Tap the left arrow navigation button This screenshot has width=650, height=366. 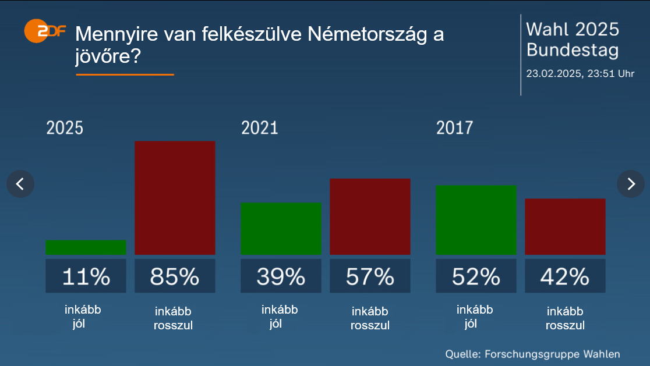tap(20, 184)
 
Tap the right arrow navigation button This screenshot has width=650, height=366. tap(631, 184)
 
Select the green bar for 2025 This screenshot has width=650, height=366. tap(86, 247)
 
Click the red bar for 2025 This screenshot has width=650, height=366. tap(175, 198)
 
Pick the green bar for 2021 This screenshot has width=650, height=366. tap(281, 228)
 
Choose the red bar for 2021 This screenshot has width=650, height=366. tap(370, 216)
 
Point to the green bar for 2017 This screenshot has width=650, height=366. tap(476, 219)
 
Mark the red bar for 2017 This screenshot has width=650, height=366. tap(565, 226)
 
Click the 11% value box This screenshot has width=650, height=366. tap(86, 276)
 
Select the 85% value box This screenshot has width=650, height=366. tap(175, 276)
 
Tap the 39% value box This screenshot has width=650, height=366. tap(281, 276)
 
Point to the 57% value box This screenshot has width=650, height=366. tap(370, 276)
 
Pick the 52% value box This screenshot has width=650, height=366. tap(476, 276)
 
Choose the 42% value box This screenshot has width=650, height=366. tap(565, 276)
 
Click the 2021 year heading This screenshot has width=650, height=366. tap(260, 128)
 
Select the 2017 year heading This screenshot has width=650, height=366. tap(455, 128)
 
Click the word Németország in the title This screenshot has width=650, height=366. tap(366, 34)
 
